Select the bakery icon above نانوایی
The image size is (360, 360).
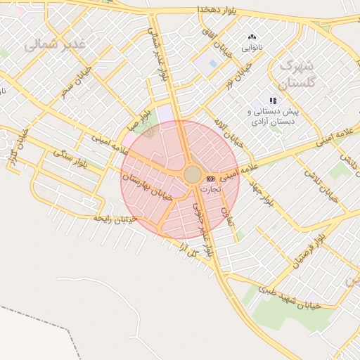[x=252, y=37]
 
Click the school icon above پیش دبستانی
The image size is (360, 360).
[x=273, y=101]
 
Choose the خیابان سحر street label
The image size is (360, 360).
[x=77, y=81]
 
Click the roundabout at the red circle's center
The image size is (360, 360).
[x=193, y=174]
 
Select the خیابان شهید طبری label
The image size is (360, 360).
[x=289, y=297]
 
